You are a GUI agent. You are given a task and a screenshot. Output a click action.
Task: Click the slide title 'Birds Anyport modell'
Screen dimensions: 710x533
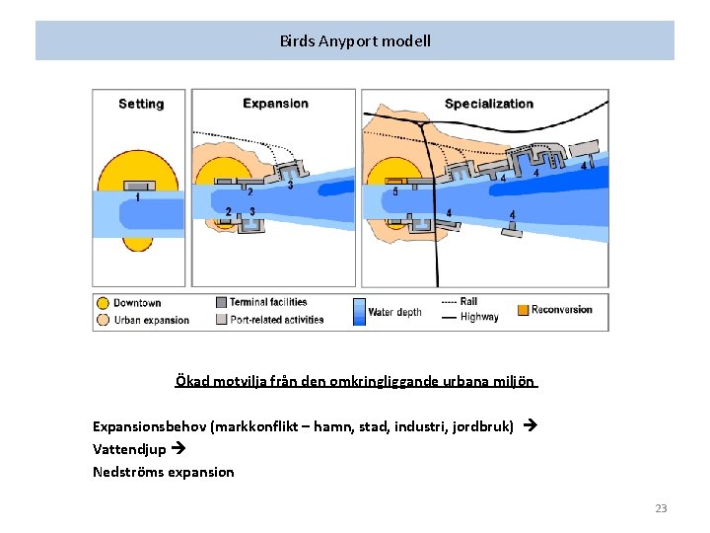[x=355, y=41]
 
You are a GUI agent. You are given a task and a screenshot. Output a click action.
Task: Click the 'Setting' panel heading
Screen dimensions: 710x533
[x=141, y=104]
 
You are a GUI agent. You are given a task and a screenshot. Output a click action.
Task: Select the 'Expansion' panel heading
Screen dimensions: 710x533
[x=275, y=103]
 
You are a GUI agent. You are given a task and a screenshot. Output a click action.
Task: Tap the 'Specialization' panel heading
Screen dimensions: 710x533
[x=489, y=104]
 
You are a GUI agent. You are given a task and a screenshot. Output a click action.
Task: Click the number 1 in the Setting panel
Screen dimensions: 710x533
[x=137, y=197]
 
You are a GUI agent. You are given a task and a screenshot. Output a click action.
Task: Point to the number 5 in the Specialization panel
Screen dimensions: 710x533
[x=395, y=191]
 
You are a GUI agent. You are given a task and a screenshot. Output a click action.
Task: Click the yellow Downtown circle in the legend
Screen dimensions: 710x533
[x=103, y=303]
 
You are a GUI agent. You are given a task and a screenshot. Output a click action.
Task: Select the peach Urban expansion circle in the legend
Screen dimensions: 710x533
[x=103, y=319]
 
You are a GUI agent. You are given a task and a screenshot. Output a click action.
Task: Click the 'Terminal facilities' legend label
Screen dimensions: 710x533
[x=268, y=302]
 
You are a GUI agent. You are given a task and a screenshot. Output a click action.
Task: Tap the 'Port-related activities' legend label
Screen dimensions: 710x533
[x=276, y=319]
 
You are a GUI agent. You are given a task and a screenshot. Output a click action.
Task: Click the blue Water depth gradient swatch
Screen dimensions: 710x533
[x=359, y=312]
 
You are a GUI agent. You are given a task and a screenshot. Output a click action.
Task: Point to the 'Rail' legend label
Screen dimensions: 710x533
[x=469, y=302]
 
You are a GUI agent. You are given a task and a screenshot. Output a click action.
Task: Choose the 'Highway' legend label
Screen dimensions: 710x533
[x=479, y=317]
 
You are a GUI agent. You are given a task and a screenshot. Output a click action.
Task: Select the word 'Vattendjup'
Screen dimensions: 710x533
[x=129, y=449]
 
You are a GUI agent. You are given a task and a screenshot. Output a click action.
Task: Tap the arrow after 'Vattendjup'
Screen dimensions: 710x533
[x=177, y=449]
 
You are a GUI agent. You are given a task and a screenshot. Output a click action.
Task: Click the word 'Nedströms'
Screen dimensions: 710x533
[x=128, y=472]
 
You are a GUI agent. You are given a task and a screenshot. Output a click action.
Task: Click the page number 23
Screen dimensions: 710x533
[x=661, y=508]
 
